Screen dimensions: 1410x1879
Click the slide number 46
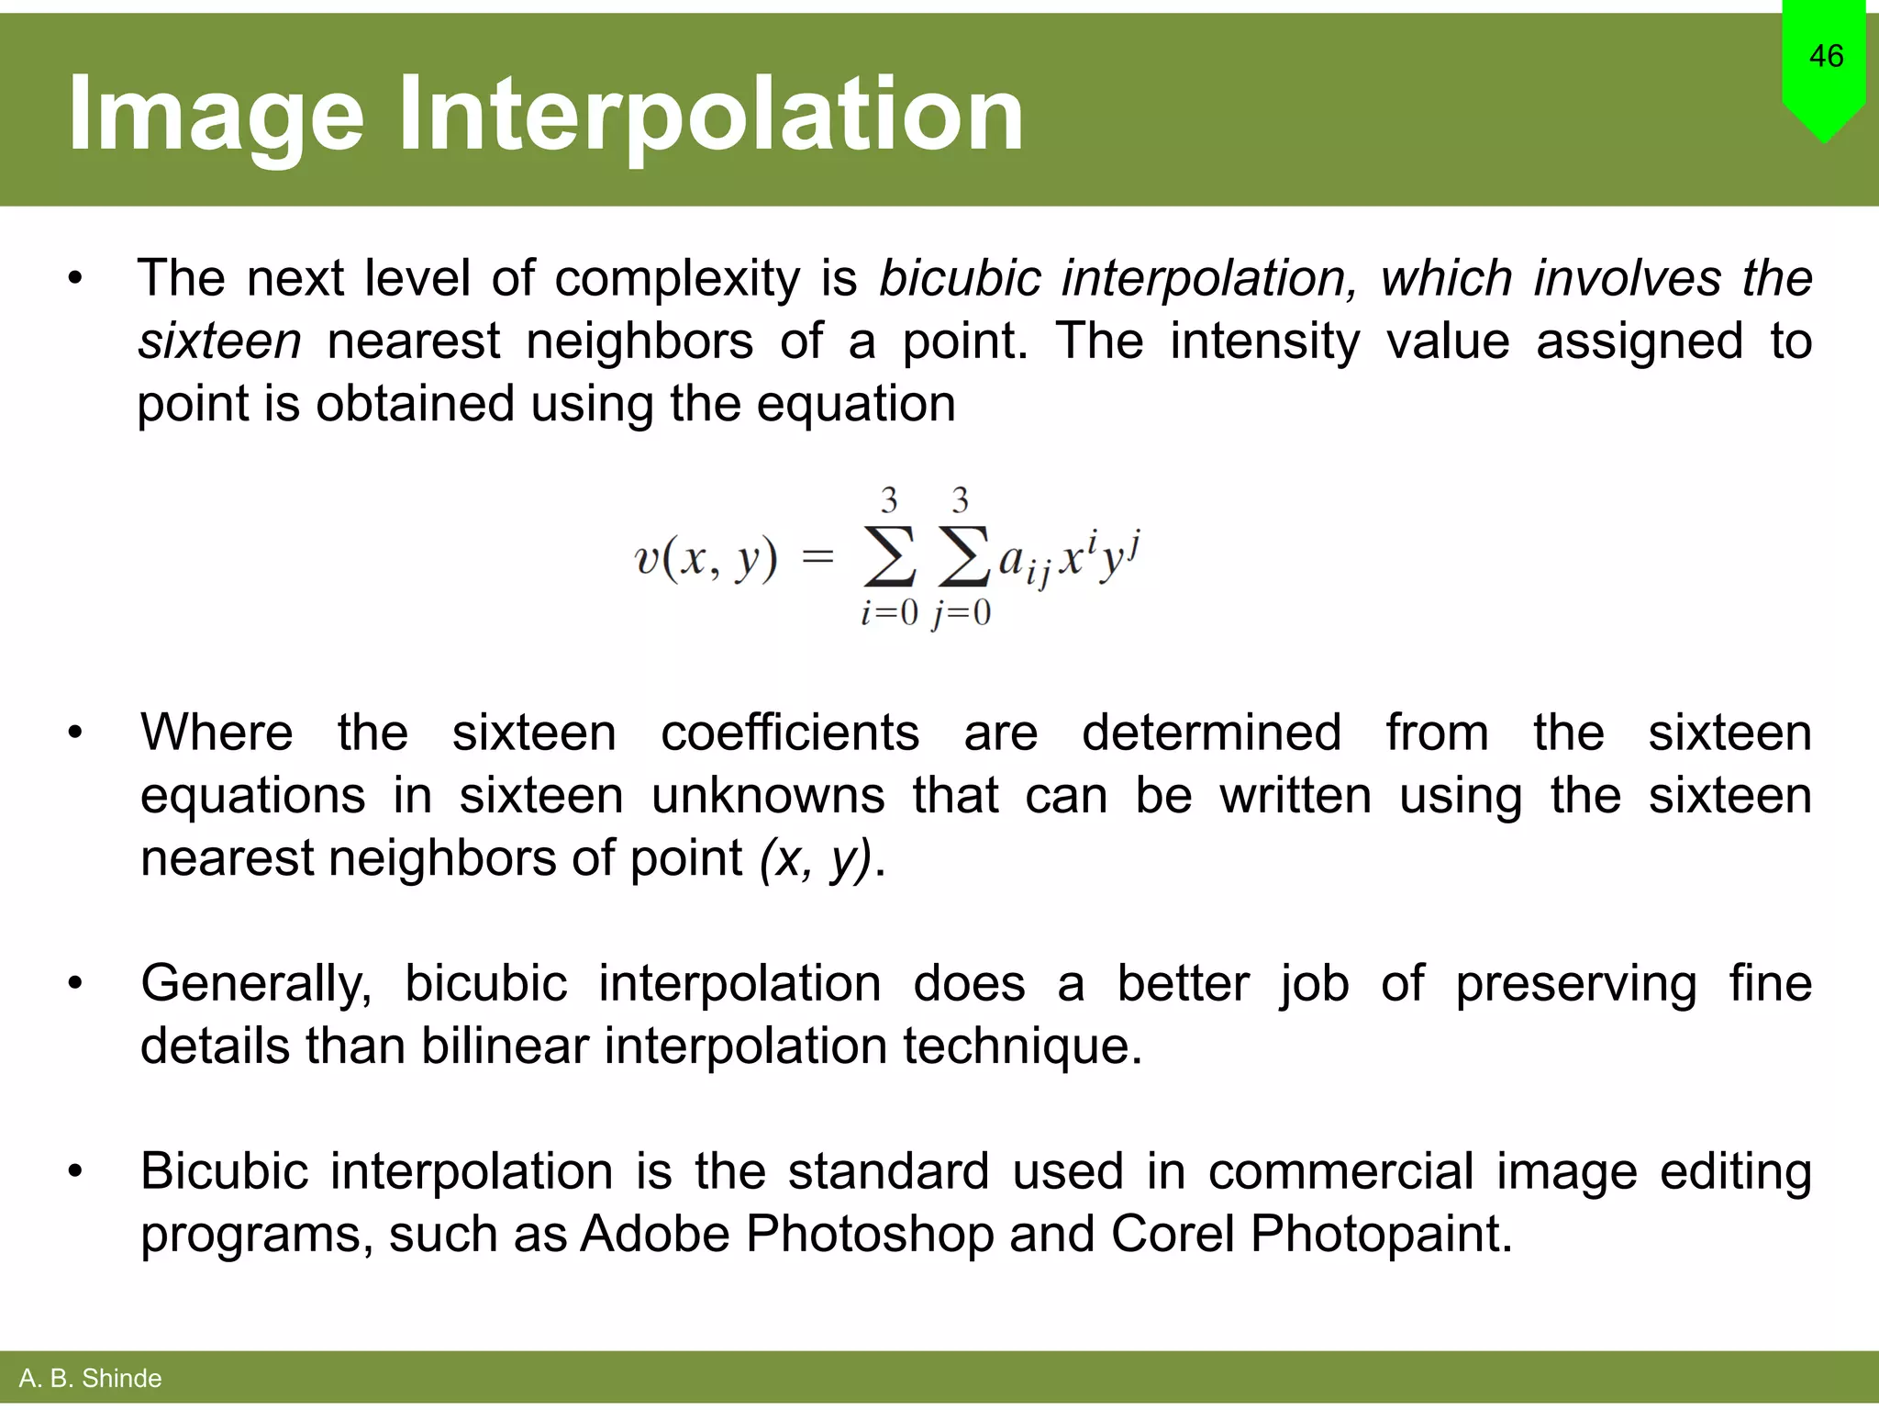pyautogui.click(x=1826, y=56)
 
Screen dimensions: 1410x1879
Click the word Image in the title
pyautogui.click(x=216, y=115)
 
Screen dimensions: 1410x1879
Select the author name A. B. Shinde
pyautogui.click(x=90, y=1378)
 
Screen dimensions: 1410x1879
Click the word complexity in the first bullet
pyautogui.click(x=677, y=279)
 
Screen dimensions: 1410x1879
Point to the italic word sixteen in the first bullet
pyautogui.click(x=219, y=341)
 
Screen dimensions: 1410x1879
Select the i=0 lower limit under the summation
pyautogui.click(x=888, y=612)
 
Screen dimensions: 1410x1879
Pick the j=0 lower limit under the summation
pyautogui.click(x=962, y=612)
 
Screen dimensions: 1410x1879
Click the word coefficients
pyautogui.click(x=790, y=733)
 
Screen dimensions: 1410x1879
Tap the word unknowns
pyautogui.click(x=768, y=795)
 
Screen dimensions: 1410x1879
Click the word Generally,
pyautogui.click(x=256, y=984)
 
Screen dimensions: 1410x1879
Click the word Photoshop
pyautogui.click(x=869, y=1234)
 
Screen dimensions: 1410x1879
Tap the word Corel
pyautogui.click(x=1173, y=1234)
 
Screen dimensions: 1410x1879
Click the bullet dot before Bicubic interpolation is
pyautogui.click(x=75, y=1171)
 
